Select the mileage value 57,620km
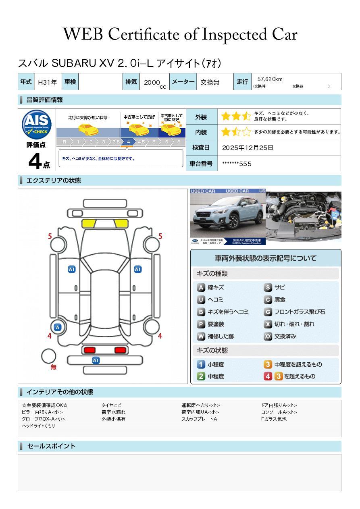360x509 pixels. pos(270,79)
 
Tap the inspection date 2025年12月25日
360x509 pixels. pos(248,148)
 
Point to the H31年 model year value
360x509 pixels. pos(47,82)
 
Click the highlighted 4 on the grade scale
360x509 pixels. pos(128,142)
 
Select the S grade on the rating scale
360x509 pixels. pos(179,142)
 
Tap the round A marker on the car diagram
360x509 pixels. pos(58,327)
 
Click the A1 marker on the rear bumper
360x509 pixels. pos(96,360)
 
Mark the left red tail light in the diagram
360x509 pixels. pos(89,350)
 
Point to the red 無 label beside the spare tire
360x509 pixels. pos(54,367)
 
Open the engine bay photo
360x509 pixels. pos(303,216)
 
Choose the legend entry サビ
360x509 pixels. pos(279,287)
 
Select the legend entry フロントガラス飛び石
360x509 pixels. pos(299,312)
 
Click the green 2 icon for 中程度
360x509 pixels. pos(201,376)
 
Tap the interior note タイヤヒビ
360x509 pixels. pos(112,405)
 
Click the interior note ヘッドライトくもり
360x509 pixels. pos(38,426)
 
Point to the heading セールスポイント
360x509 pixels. pos(51,446)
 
